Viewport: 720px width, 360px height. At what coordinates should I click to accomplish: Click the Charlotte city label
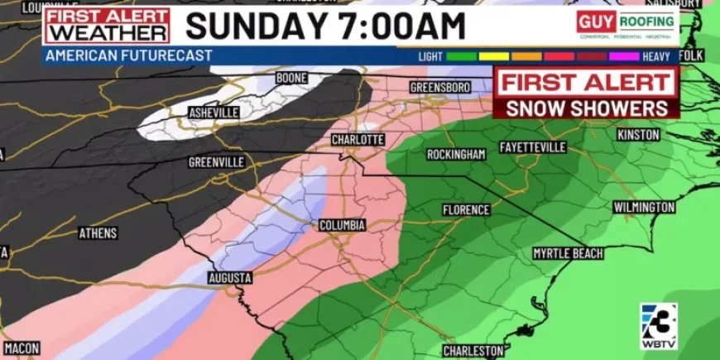pos(358,140)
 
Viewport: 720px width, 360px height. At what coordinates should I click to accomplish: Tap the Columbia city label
pos(343,225)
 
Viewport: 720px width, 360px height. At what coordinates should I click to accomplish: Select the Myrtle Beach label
pos(568,252)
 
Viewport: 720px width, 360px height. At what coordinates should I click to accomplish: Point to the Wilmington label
pos(644,207)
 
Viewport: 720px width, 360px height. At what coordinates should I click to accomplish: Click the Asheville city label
pos(214,112)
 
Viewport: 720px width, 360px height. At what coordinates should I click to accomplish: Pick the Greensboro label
pos(440,87)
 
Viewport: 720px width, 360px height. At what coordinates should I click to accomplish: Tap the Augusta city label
pos(229,276)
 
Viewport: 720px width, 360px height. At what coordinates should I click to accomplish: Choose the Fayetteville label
pos(533,147)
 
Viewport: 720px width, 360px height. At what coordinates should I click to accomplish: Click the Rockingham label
pos(456,155)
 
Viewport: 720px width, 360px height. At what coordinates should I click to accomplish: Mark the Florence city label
pos(466,210)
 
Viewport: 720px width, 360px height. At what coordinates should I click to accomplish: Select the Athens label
pos(98,233)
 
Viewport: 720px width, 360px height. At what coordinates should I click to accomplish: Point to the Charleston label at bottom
pos(473,351)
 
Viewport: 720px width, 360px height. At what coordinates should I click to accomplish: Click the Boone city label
pos(291,78)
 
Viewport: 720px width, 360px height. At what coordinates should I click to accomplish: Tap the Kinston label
pos(638,134)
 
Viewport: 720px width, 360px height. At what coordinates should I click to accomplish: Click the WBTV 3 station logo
pos(659,324)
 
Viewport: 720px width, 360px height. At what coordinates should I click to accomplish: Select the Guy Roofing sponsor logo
pos(626,25)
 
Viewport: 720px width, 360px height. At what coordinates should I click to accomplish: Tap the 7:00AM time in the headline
pos(400,26)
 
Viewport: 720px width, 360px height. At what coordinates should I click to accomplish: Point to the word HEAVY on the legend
pos(656,56)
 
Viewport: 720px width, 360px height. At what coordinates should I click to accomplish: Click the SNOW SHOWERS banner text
pos(587,108)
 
